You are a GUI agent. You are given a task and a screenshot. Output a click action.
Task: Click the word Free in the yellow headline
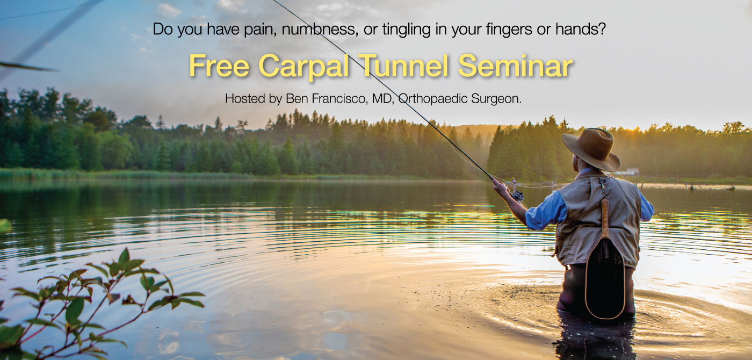pyautogui.click(x=219, y=66)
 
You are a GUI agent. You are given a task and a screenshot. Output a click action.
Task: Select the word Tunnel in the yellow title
pyautogui.click(x=403, y=66)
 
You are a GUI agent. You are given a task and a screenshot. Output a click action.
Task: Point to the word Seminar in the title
pyautogui.click(x=515, y=66)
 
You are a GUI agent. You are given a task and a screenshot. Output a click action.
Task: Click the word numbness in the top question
pyautogui.click(x=318, y=29)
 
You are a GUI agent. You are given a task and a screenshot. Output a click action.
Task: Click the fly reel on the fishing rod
pyautogui.click(x=518, y=196)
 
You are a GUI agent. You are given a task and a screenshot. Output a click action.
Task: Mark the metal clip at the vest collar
pyautogui.click(x=602, y=185)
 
